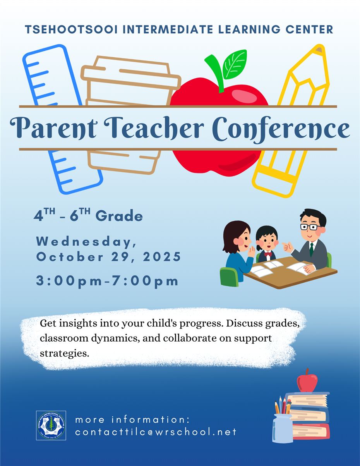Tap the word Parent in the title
51,128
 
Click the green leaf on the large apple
235,64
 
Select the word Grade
119,216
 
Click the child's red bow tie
268,254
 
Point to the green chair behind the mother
229,277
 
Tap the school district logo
51,425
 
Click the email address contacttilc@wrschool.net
156,432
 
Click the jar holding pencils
283,428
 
